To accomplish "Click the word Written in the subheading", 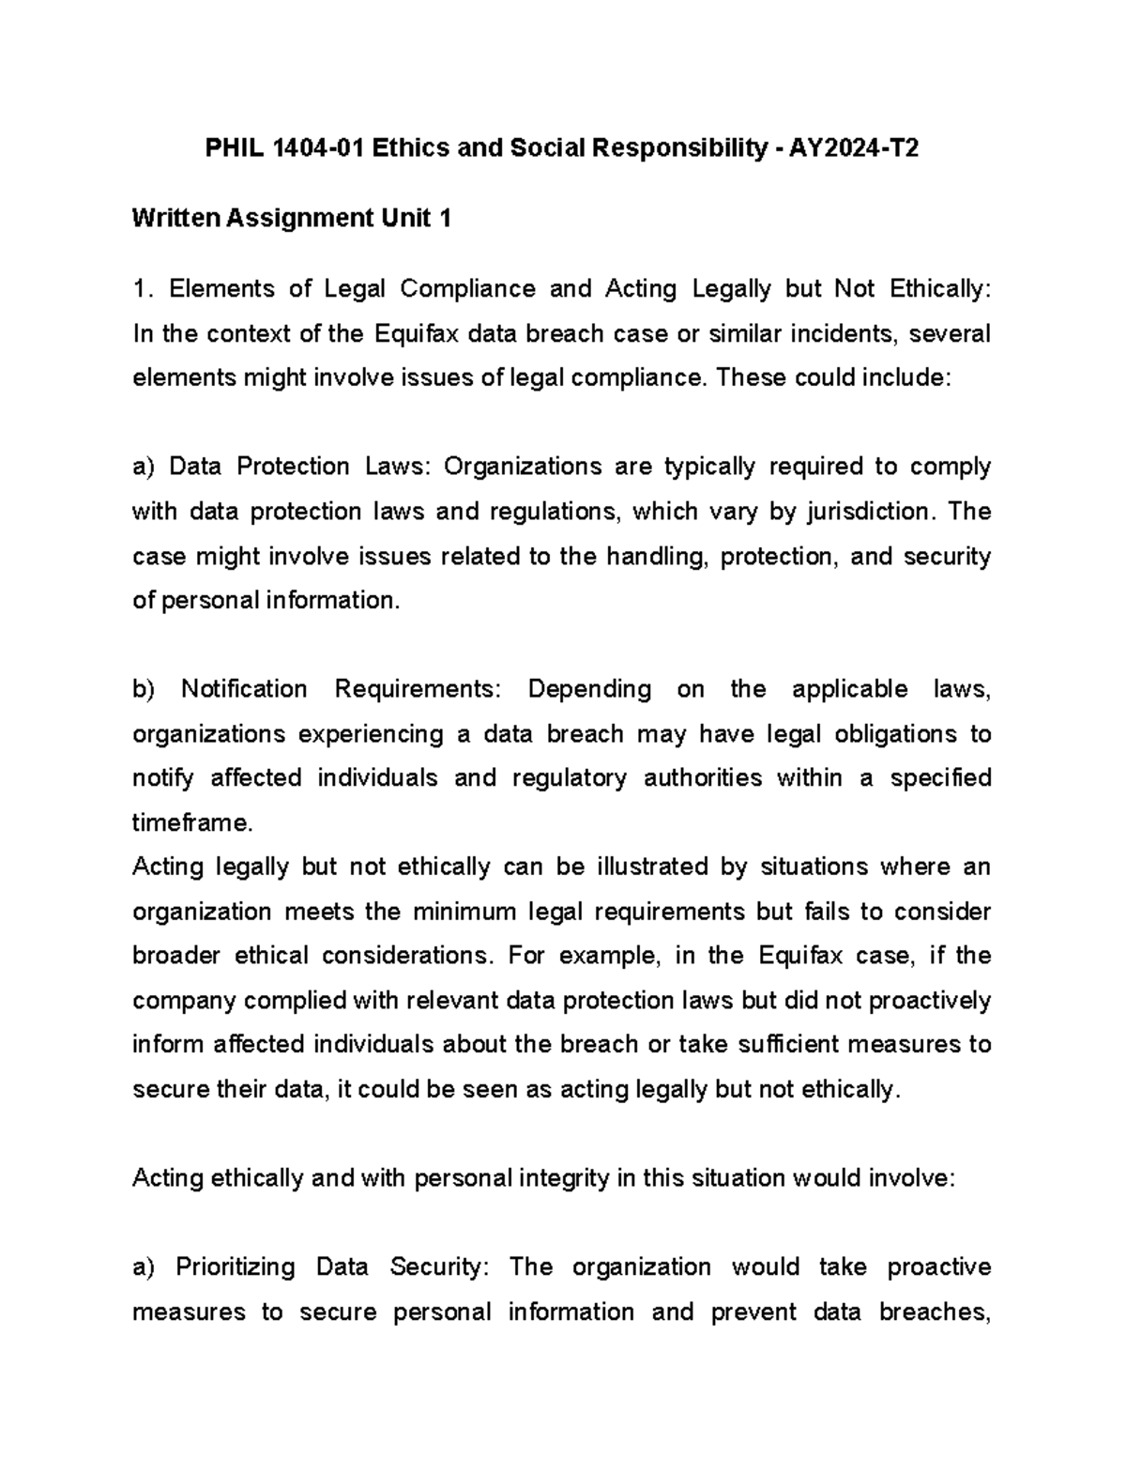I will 176,219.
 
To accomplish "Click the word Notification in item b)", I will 244,689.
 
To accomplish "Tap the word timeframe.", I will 192,823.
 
